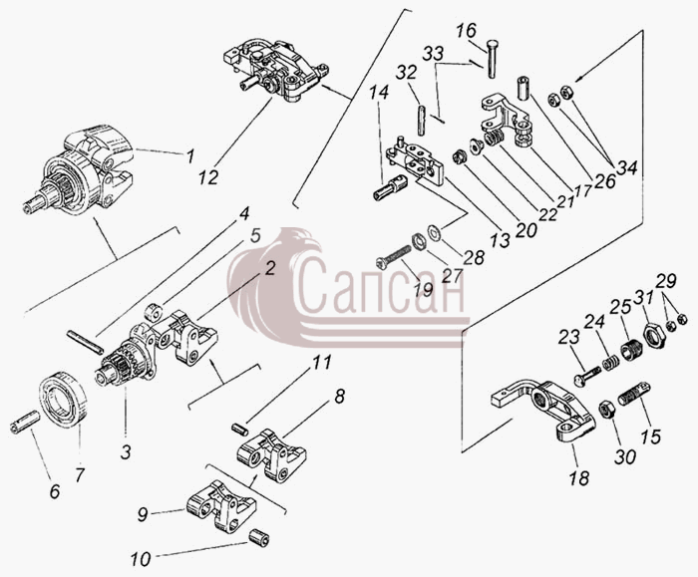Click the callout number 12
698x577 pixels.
point(208,177)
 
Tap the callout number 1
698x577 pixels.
point(190,156)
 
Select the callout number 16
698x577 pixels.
point(466,31)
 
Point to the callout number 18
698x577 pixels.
point(579,477)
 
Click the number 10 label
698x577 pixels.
point(142,559)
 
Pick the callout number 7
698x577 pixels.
point(79,475)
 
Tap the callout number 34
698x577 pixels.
point(627,168)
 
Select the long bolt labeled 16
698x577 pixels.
point(493,59)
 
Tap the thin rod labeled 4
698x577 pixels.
point(85,342)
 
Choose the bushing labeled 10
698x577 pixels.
point(258,537)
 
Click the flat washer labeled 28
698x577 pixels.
point(435,232)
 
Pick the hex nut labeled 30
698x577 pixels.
point(606,410)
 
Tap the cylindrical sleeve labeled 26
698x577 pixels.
point(524,89)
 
